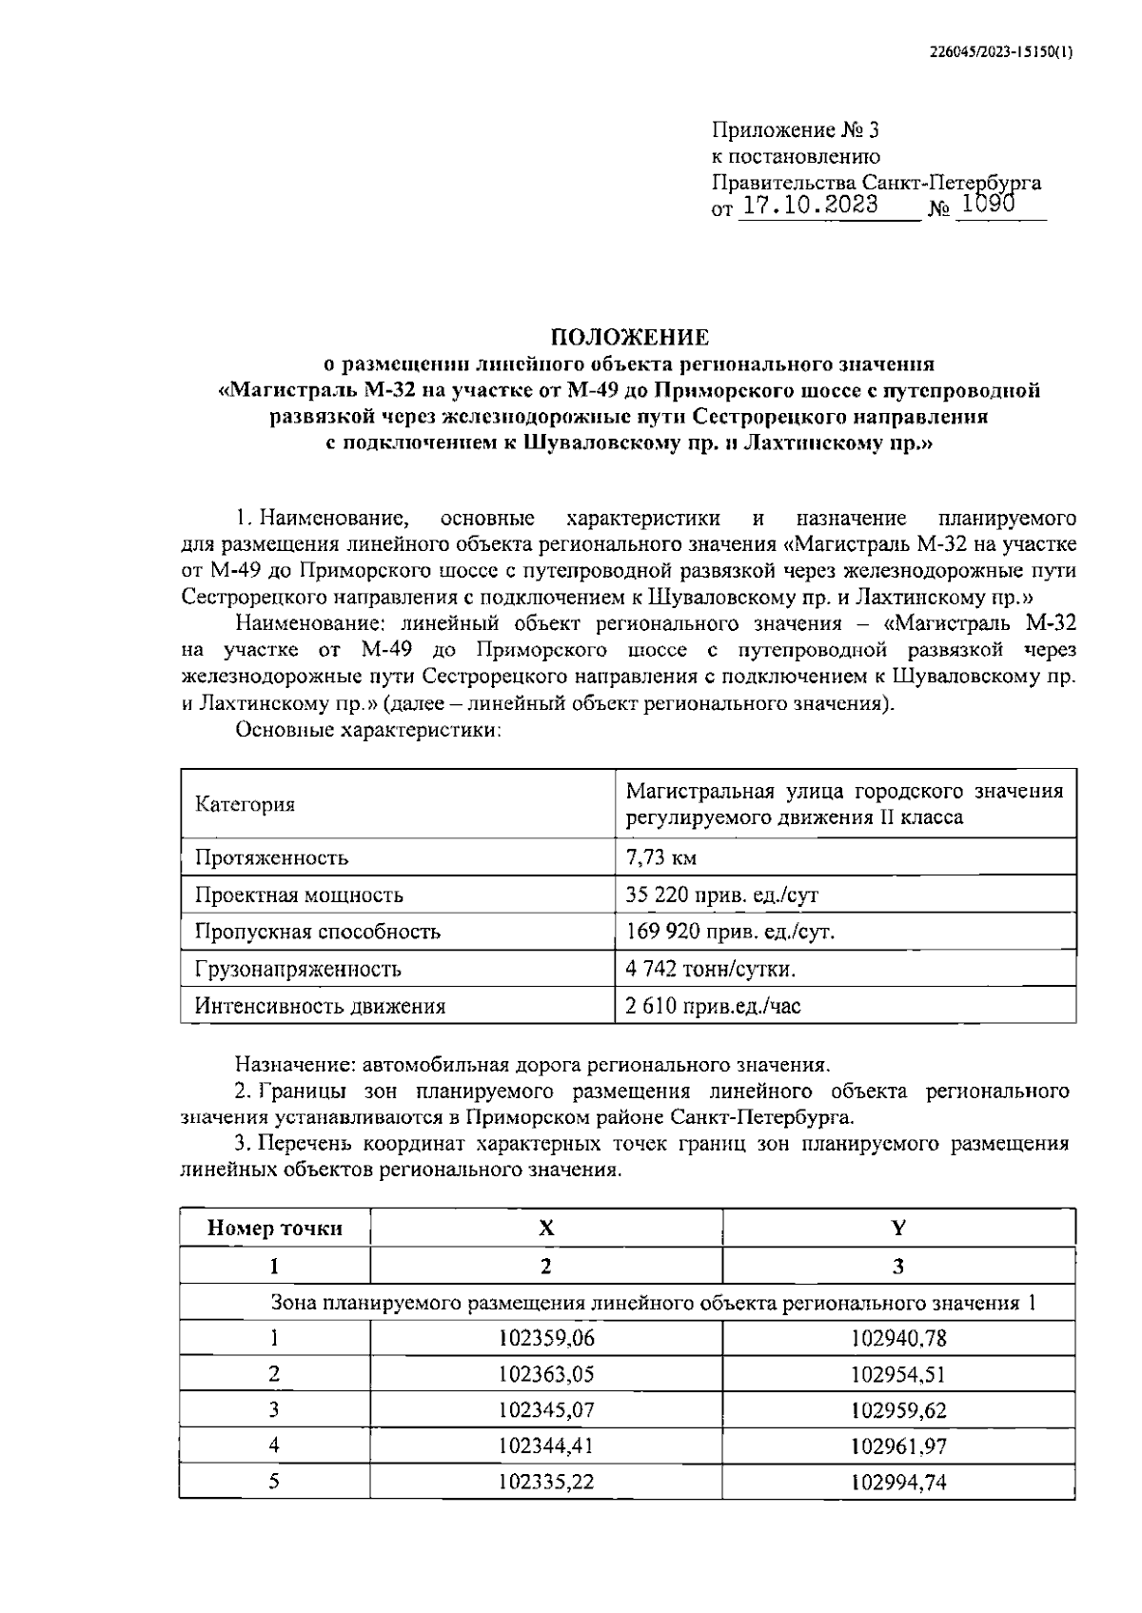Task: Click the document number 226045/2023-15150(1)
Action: tap(1000, 53)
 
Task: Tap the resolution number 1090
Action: tap(990, 204)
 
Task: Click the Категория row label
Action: tap(245, 804)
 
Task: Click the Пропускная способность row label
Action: tap(317, 932)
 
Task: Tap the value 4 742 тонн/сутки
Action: tap(710, 969)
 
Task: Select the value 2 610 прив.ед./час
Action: tap(713, 1006)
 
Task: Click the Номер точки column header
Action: tap(274, 1228)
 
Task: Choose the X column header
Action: tap(545, 1228)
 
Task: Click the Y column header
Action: tap(897, 1228)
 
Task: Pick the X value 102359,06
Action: tap(546, 1338)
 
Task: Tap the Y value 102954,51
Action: tap(898, 1374)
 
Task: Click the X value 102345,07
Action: tap(546, 1409)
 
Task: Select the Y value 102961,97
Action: tap(898, 1446)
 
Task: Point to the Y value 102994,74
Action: tap(898, 1482)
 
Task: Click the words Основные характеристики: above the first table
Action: tap(367, 731)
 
